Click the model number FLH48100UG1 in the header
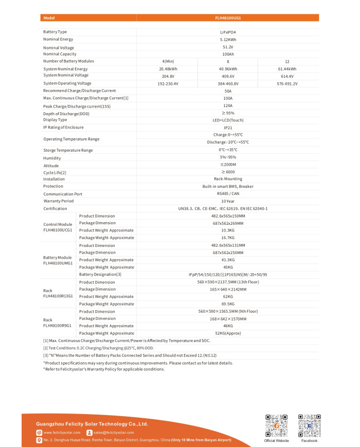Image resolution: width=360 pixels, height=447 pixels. pyautogui.click(x=228, y=17)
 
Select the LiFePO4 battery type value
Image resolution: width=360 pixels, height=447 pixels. pyautogui.click(x=228, y=32)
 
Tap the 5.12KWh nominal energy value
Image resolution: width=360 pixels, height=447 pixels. pyautogui.click(x=228, y=39)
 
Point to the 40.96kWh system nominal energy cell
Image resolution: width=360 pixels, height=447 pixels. pyautogui.click(x=228, y=68)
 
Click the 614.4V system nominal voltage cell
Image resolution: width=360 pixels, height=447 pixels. pyautogui.click(x=287, y=76)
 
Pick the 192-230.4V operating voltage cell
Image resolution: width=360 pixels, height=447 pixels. pyautogui.click(x=168, y=83)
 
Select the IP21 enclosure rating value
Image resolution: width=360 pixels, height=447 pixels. pyautogui.click(x=228, y=127)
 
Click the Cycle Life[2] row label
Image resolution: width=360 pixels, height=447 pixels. pyautogui.click(x=55, y=172)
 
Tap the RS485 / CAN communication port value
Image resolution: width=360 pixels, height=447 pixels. pyautogui.click(x=228, y=194)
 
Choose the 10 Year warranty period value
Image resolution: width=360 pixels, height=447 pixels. pyautogui.click(x=228, y=201)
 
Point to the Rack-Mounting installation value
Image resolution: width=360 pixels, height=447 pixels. pyautogui.click(x=228, y=179)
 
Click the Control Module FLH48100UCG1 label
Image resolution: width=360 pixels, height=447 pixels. pyautogui.click(x=58, y=227)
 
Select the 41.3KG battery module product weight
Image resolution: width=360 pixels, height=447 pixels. pyautogui.click(x=228, y=260)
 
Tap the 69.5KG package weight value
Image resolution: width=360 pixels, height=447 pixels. pyautogui.click(x=228, y=304)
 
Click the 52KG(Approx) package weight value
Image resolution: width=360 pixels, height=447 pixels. pyautogui.click(x=228, y=333)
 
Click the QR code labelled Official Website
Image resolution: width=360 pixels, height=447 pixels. pyautogui.click(x=276, y=424)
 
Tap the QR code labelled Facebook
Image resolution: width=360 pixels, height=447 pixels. pyautogui.click(x=309, y=424)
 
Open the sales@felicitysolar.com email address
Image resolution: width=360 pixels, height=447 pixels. pyautogui.click(x=113, y=433)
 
